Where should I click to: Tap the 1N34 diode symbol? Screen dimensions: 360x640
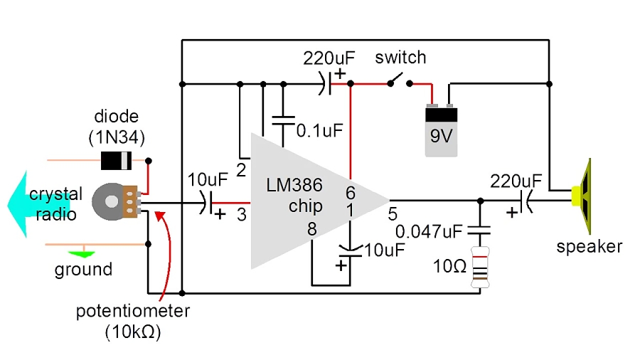click(x=115, y=161)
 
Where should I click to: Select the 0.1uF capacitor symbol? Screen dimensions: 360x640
click(x=284, y=117)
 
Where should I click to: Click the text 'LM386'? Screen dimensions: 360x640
click(x=294, y=186)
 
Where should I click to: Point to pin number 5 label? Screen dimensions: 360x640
click(x=393, y=213)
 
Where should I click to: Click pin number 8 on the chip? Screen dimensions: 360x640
click(x=311, y=230)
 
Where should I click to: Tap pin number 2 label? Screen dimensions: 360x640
click(x=241, y=170)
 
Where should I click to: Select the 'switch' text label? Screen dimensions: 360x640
click(x=400, y=57)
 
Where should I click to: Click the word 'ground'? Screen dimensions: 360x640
click(x=84, y=270)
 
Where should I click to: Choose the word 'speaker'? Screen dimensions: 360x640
click(x=590, y=247)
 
